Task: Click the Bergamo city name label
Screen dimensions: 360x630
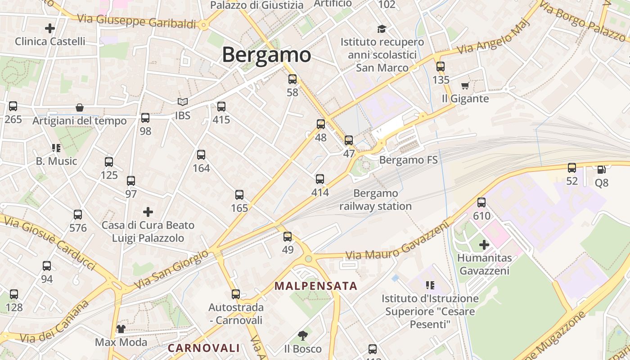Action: [266, 55]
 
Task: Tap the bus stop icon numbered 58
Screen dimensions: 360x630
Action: [292, 80]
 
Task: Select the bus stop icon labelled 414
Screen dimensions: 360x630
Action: [320, 179]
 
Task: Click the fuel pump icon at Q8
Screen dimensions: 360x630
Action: [601, 170]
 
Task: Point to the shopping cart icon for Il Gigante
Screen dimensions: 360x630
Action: [465, 85]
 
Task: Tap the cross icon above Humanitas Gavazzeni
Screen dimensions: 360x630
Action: [484, 245]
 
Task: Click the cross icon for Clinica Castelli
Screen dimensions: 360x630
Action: [50, 28]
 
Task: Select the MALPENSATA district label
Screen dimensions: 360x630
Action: [316, 286]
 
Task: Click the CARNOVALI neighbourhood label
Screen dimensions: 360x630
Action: [204, 348]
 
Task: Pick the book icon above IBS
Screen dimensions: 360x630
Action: [182, 102]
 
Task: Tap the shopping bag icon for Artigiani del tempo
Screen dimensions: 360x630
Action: [80, 108]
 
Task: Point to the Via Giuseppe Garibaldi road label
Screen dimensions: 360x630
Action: [137, 21]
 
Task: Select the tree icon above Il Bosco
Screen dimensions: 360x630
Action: [303, 335]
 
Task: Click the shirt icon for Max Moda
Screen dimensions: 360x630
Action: [121, 329]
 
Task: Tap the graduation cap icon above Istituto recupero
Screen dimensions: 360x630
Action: [382, 29]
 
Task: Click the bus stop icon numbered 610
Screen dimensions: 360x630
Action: [481, 202]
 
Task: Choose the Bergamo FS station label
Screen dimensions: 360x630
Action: [408, 160]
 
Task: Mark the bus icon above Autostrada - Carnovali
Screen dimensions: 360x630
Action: [236, 294]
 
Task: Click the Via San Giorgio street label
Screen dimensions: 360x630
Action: [172, 270]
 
